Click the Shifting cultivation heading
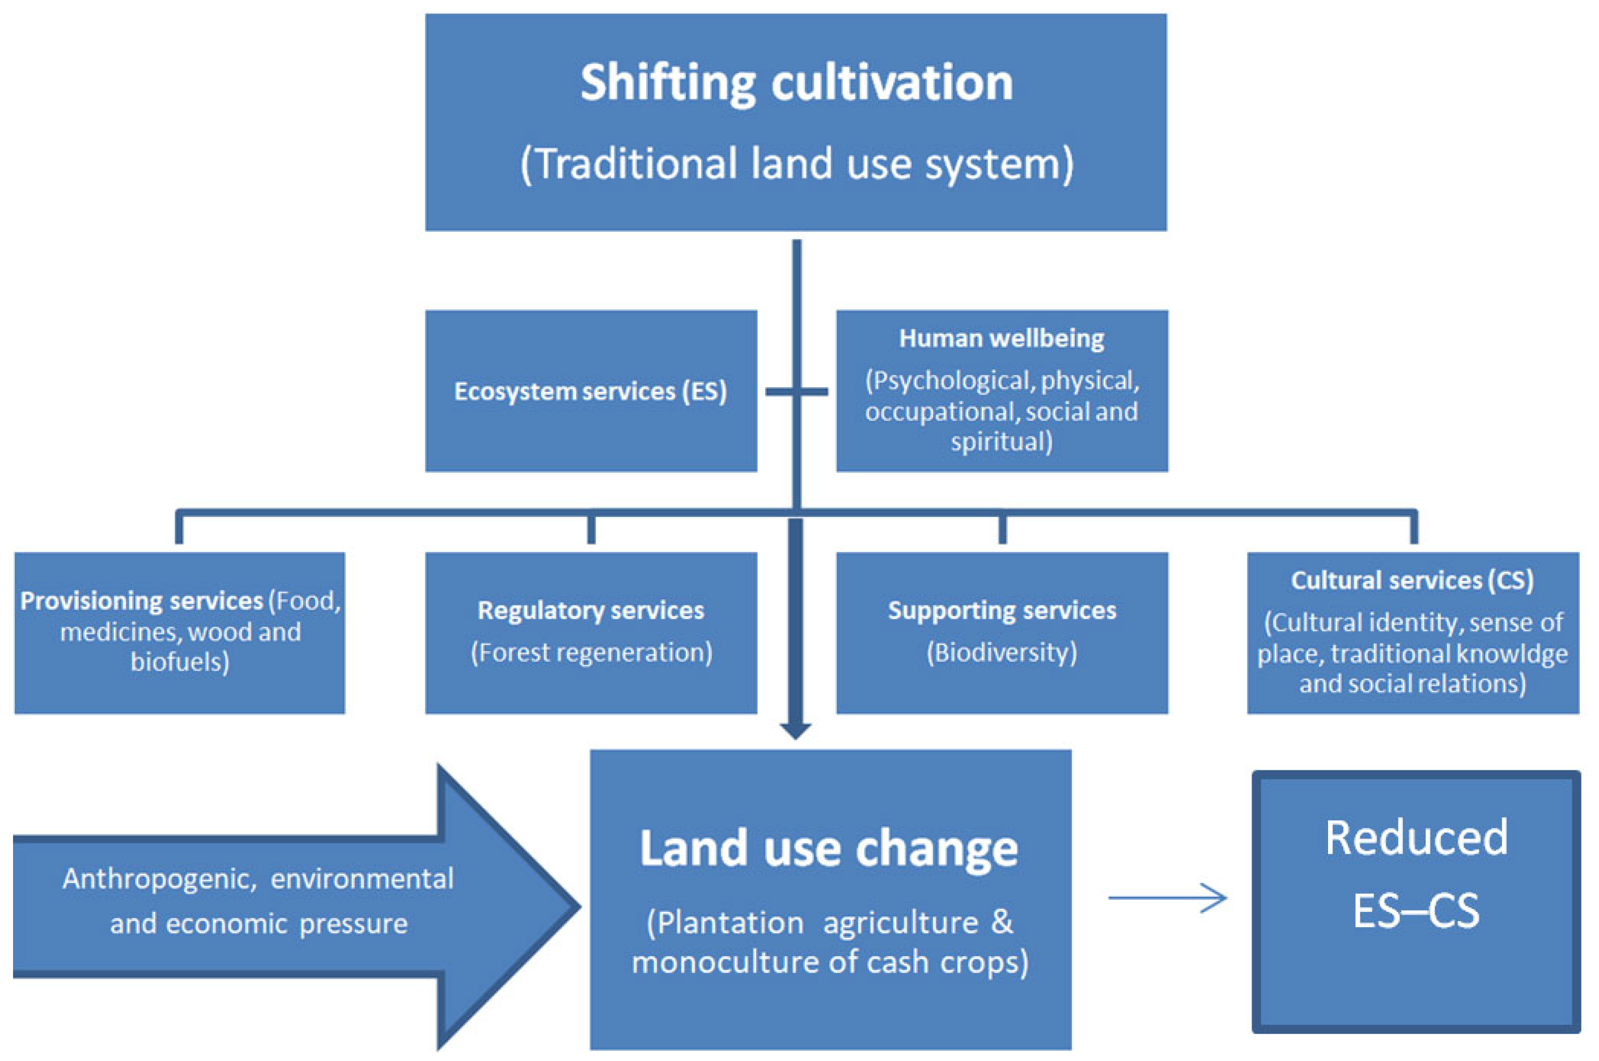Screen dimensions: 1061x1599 [x=796, y=83]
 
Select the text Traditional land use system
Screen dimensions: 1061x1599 [x=796, y=164]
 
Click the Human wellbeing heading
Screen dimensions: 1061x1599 [x=1001, y=338]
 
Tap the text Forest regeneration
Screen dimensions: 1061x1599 [x=591, y=653]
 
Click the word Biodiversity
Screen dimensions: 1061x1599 [x=1002, y=653]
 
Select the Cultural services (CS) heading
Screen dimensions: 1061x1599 [x=1411, y=580]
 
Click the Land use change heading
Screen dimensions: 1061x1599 [x=829, y=848]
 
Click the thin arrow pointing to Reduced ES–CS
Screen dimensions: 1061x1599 [x=1167, y=898]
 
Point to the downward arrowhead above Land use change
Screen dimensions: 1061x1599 [x=796, y=731]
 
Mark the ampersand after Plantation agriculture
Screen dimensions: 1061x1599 [x=1002, y=922]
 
